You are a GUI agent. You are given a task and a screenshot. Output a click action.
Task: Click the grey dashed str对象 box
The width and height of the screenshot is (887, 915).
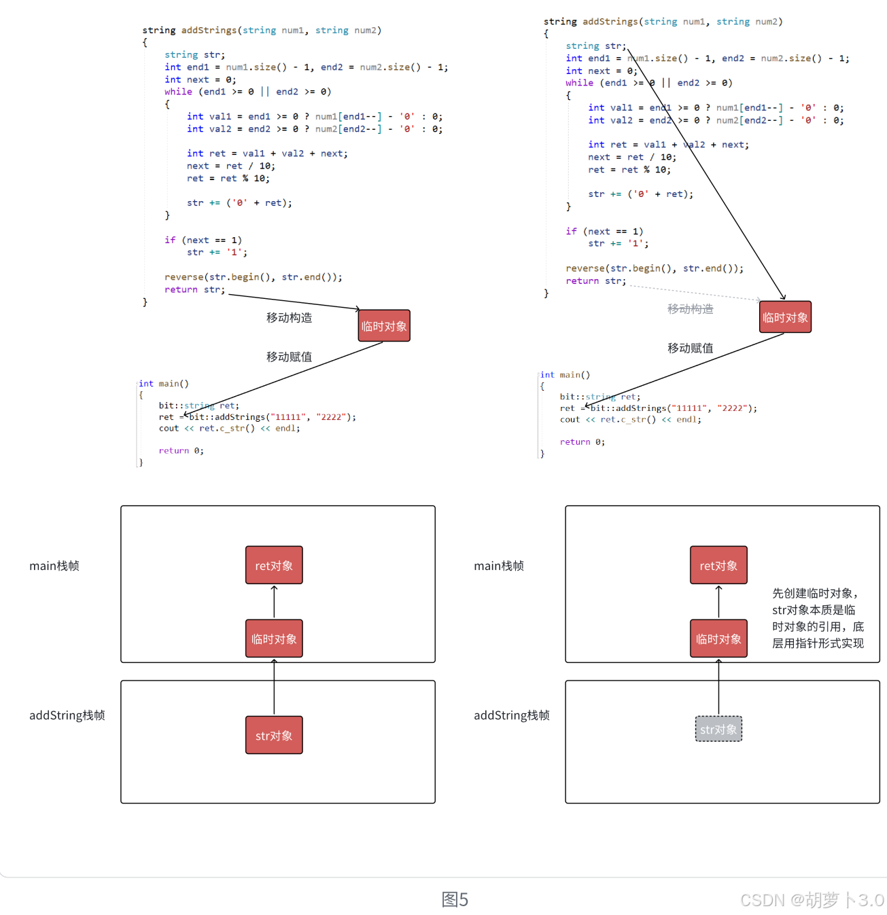(718, 729)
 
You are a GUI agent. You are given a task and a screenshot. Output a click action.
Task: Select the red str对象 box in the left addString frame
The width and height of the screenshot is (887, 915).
(274, 735)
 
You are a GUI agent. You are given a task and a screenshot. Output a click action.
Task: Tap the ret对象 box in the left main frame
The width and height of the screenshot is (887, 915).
(274, 564)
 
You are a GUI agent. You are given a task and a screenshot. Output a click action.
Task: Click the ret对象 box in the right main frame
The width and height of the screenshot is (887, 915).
(718, 564)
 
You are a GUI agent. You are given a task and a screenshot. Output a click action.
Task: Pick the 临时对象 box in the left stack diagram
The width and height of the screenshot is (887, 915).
(274, 638)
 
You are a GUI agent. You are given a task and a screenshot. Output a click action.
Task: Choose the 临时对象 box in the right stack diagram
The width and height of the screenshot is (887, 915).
(718, 638)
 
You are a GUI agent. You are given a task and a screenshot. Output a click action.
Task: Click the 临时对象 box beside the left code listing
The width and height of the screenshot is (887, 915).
(384, 325)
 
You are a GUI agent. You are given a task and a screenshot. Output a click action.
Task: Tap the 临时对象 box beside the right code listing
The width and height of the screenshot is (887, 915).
(785, 317)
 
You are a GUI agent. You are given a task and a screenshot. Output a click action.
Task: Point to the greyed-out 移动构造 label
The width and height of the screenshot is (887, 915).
(691, 309)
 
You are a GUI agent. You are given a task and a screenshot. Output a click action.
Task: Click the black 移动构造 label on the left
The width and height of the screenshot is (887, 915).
(289, 318)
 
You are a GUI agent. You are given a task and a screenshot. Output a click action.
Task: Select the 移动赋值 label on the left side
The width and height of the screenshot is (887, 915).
(289, 357)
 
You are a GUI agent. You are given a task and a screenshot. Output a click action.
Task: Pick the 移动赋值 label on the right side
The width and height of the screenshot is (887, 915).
(691, 348)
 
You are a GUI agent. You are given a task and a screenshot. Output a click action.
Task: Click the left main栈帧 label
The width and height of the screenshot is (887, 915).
(54, 565)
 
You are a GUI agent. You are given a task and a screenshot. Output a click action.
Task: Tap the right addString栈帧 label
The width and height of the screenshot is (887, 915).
(512, 715)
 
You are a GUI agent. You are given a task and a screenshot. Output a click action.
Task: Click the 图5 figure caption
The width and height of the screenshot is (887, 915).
(455, 899)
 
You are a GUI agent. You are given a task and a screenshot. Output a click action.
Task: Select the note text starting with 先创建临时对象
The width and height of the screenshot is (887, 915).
(818, 618)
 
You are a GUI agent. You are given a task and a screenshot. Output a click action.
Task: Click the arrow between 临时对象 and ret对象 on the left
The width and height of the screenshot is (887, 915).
(274, 601)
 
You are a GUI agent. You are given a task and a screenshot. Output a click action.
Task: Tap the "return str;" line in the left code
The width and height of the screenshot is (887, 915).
(194, 289)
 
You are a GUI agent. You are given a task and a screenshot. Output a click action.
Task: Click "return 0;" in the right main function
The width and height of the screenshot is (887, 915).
(582, 442)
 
